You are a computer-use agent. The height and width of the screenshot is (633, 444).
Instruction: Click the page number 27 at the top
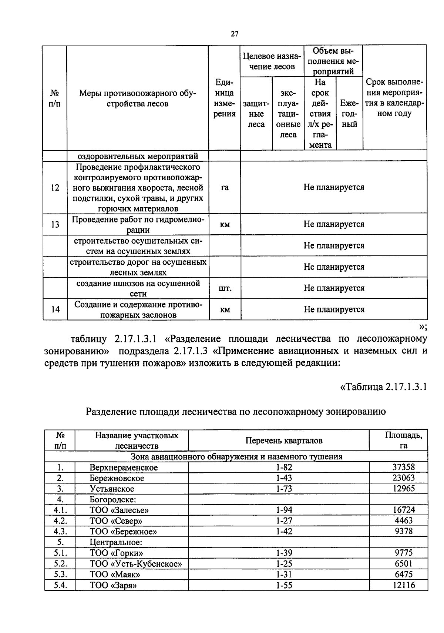235,34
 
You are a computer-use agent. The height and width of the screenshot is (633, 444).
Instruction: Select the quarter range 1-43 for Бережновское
284,478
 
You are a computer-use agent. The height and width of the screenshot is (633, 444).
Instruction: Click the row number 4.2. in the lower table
60,521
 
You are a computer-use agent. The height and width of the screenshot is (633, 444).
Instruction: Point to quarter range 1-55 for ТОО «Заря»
284,585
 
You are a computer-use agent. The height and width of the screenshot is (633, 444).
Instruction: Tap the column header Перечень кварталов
284,441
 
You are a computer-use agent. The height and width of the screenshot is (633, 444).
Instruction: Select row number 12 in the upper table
55,188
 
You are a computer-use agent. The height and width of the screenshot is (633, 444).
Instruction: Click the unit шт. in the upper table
225,288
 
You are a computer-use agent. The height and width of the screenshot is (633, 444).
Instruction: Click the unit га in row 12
225,188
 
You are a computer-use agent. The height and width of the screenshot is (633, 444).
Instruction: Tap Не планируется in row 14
334,309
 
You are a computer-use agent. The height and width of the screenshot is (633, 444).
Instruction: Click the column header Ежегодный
349,114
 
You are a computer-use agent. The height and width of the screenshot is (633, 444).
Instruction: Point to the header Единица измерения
225,98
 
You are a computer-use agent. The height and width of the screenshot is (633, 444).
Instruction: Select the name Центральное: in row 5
116,542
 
